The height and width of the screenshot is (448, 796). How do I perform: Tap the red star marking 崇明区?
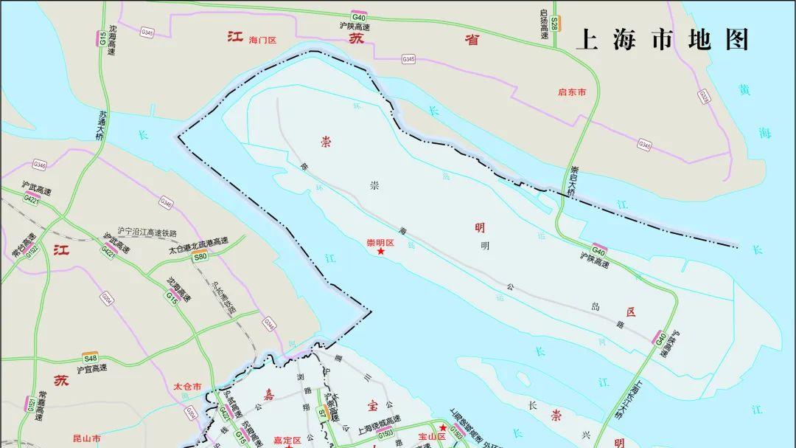point(381,252)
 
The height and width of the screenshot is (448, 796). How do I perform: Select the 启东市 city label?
point(572,92)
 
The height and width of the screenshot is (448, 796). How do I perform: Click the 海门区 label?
point(262,40)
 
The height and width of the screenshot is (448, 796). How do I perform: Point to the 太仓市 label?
point(187,386)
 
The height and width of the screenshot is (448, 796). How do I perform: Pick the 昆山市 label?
point(86,438)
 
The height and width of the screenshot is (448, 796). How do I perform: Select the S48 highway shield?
point(90,358)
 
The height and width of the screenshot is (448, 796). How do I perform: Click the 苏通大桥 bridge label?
point(101,125)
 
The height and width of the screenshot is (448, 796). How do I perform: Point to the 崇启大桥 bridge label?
point(573,181)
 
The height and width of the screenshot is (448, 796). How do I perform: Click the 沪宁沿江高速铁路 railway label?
point(147,232)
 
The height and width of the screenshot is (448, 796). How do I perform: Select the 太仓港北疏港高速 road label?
point(198,243)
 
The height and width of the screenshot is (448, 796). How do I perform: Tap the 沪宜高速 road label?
point(91,368)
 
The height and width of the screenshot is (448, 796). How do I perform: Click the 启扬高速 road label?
point(543,24)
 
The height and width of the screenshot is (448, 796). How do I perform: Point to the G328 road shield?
point(704,97)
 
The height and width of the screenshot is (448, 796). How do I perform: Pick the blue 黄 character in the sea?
point(745,90)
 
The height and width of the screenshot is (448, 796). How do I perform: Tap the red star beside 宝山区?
point(442,427)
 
